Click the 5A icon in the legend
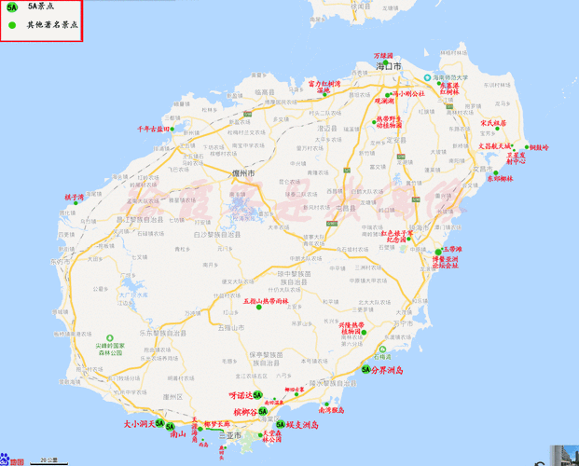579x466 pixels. pyautogui.click(x=11, y=7)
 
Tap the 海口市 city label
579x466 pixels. pyautogui.click(x=390, y=67)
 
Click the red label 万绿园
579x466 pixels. pyautogui.click(x=384, y=56)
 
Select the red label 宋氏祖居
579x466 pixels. pyautogui.click(x=493, y=123)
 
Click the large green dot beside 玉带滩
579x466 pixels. pyautogui.click(x=438, y=251)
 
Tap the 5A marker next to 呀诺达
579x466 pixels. pyautogui.click(x=258, y=395)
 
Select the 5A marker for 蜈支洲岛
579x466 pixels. pyautogui.click(x=277, y=424)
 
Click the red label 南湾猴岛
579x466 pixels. pyautogui.click(x=331, y=410)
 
